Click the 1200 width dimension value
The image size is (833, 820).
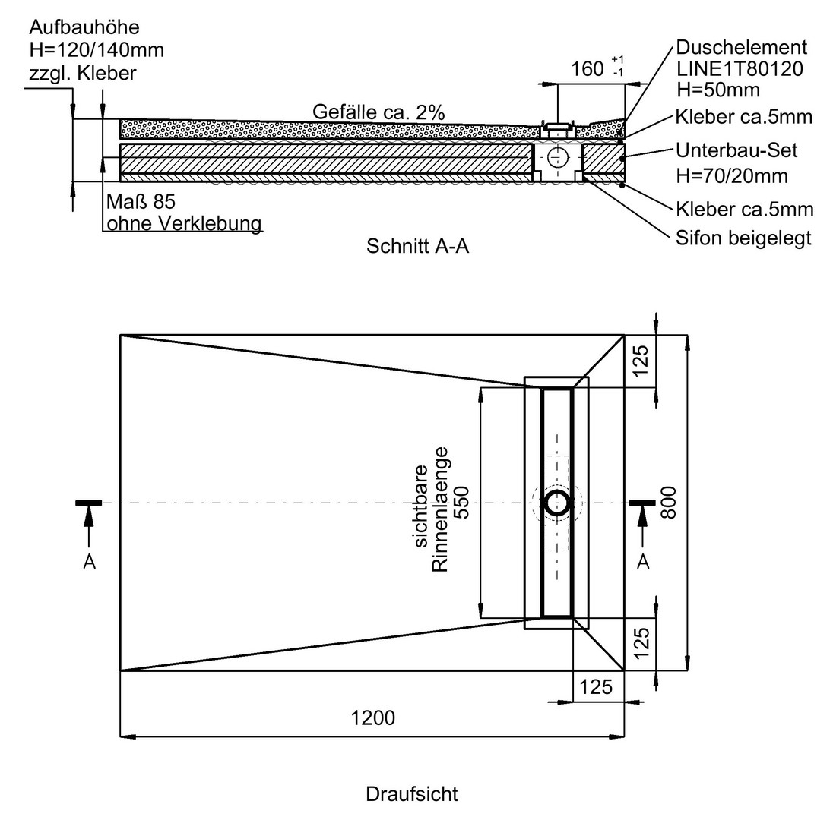[x=373, y=718]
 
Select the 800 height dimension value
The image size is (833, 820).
[x=669, y=503]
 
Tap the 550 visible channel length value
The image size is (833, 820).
[x=462, y=503]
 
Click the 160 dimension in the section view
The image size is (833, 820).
[x=588, y=69]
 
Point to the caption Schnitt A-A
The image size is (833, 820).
[x=417, y=246]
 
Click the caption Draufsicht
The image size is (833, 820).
[x=412, y=794]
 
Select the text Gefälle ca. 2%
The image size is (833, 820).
[x=378, y=112]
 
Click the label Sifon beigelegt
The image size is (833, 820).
[x=743, y=238]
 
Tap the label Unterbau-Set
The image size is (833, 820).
[x=736, y=151]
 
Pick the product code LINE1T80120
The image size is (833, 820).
[x=740, y=69]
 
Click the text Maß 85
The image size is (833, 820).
[x=141, y=202]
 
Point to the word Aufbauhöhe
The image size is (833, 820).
[x=84, y=27]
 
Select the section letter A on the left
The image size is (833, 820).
[x=89, y=562]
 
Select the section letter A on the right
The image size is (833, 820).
[x=643, y=562]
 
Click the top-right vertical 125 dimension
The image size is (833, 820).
[x=641, y=361]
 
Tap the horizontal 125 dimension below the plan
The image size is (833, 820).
[x=596, y=687]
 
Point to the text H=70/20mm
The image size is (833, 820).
[x=732, y=175]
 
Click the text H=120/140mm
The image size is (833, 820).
[x=97, y=50]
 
